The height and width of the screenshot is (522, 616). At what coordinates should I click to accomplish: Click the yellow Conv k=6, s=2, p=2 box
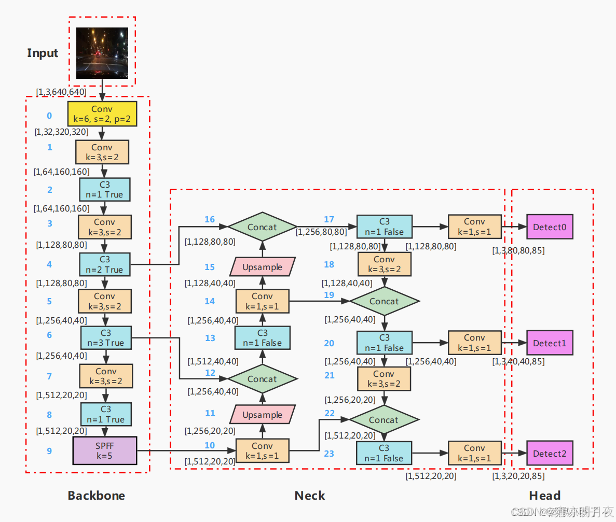(102, 115)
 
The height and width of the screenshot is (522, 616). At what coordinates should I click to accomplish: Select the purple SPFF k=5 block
(104, 450)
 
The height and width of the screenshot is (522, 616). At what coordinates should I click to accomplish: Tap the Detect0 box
(550, 227)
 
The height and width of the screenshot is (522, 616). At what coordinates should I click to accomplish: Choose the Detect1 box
(550, 343)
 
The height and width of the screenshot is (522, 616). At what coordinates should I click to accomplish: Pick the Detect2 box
(550, 454)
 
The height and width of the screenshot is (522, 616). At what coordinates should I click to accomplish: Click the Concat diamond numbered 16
(262, 227)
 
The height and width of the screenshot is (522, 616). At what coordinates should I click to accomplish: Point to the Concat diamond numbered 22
(384, 420)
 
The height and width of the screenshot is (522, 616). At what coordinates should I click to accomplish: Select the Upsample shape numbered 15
(262, 267)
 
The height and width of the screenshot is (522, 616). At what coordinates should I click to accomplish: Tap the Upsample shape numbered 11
(262, 415)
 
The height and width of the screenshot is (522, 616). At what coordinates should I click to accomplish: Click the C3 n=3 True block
(105, 337)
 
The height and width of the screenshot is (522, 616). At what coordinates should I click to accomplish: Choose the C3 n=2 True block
(105, 264)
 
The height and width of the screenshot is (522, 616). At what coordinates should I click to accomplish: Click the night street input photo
(102, 53)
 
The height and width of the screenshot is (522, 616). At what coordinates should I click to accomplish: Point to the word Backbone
(97, 496)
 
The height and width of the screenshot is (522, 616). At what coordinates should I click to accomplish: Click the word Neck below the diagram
(310, 496)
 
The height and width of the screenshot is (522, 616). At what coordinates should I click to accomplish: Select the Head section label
(545, 496)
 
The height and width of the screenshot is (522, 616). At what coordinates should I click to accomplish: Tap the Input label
(43, 53)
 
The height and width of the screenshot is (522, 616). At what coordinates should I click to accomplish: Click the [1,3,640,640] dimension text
(61, 92)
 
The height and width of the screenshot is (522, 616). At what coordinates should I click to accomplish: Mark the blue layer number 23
(329, 454)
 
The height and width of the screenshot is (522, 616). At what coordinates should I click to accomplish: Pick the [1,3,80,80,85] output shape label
(518, 251)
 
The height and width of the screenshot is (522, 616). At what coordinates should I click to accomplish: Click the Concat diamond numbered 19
(384, 301)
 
